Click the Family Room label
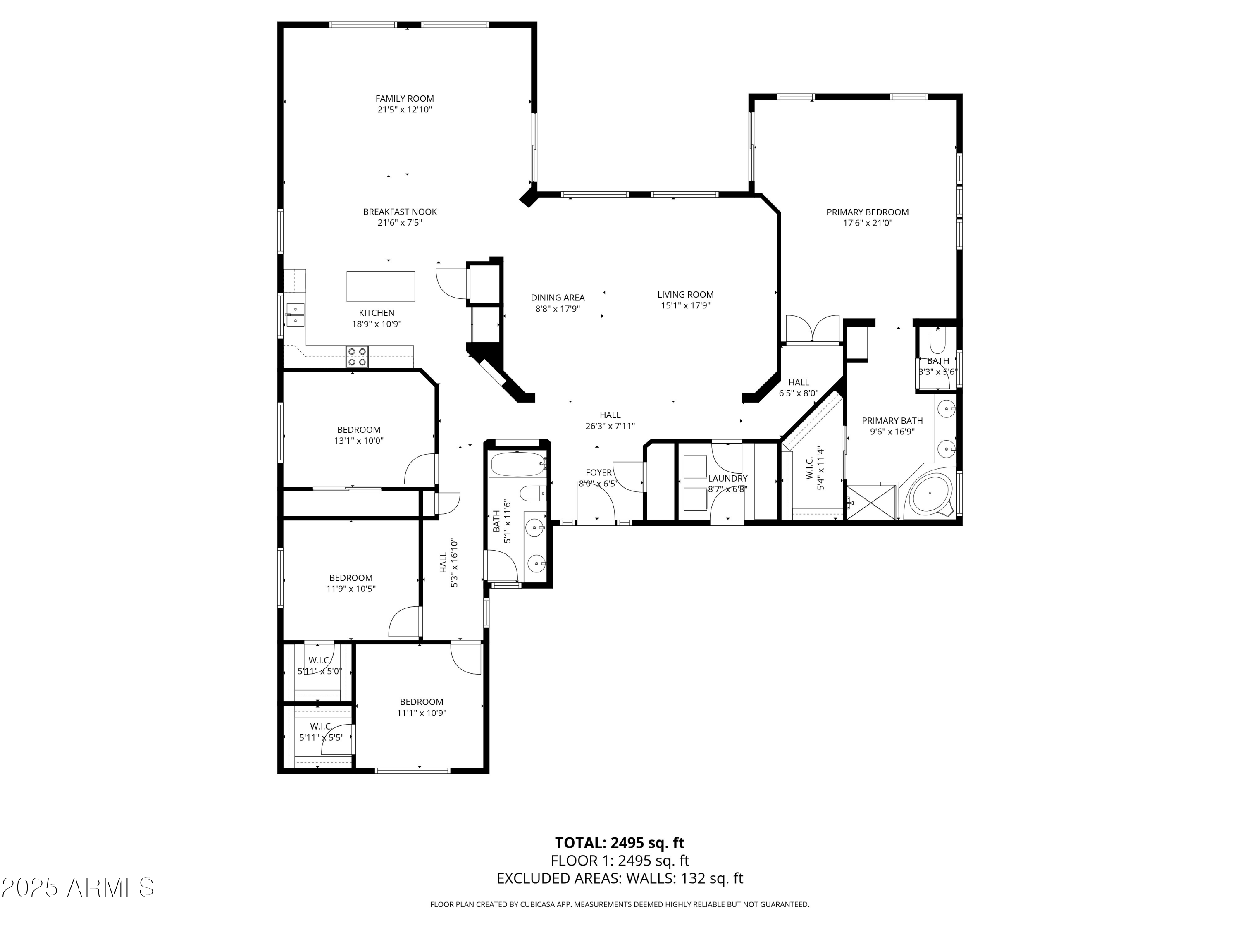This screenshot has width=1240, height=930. [404, 99]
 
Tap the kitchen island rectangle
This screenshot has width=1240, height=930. [381, 286]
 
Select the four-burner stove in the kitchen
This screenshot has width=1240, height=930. [357, 357]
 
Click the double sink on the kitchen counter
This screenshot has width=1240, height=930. [295, 315]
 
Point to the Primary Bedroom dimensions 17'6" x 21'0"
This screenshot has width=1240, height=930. [867, 223]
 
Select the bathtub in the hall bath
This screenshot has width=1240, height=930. [516, 465]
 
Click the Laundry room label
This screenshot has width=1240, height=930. [727, 478]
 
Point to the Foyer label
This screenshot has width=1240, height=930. [598, 472]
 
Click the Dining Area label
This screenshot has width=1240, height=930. [557, 298]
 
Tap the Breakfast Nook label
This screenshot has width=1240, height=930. [400, 212]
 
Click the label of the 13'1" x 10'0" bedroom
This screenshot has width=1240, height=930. [359, 430]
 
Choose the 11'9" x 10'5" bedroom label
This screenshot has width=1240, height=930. [351, 578]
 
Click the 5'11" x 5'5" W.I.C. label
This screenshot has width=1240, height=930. [321, 727]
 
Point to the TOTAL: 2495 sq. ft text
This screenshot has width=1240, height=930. [620, 842]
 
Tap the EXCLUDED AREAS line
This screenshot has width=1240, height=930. [620, 878]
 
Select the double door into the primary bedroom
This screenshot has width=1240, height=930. [813, 329]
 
